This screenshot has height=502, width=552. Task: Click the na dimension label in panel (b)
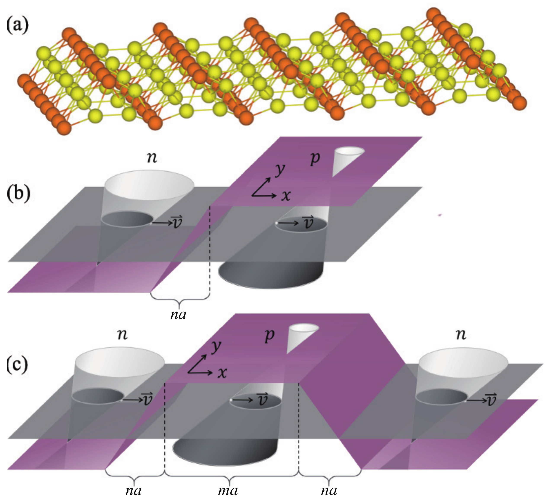pyautogui.click(x=178, y=315)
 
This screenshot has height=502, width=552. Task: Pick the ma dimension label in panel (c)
pyautogui.click(x=228, y=490)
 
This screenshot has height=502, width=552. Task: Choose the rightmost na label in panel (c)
pyautogui.click(x=329, y=490)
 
